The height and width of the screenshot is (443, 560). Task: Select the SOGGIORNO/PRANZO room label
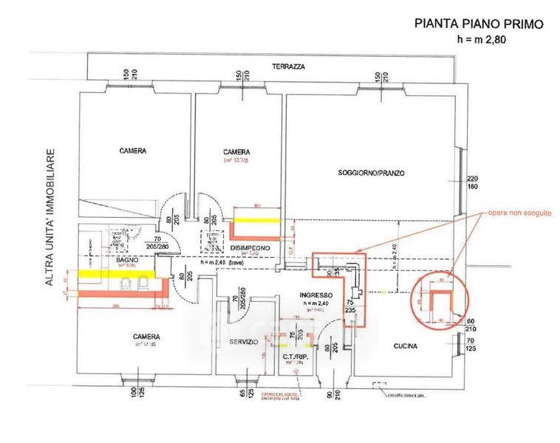coord(372,173)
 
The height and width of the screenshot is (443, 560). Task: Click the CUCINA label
coord(405,346)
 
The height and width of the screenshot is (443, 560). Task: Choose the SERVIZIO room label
coord(243,342)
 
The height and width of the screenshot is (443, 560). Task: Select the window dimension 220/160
coord(474,182)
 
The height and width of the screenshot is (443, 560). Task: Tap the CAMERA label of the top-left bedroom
coord(133,151)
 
